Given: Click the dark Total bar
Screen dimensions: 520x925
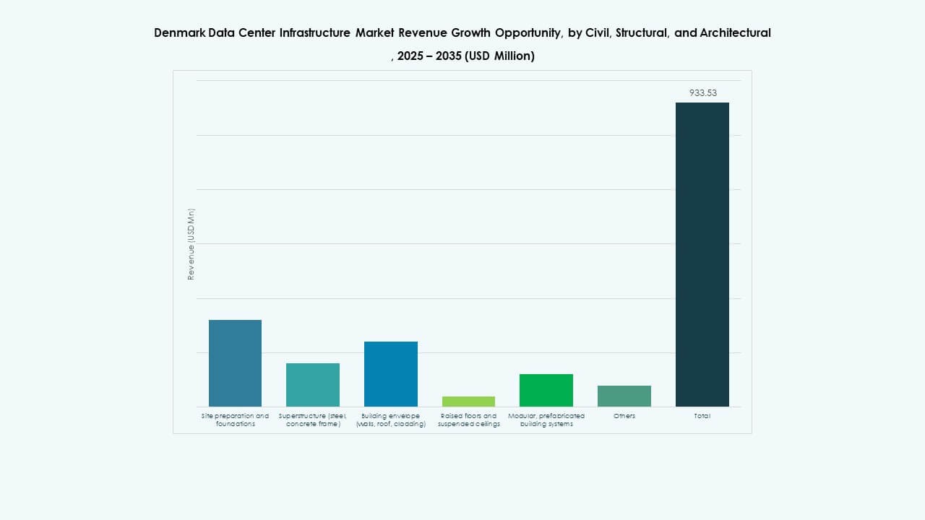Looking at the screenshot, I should [x=702, y=254].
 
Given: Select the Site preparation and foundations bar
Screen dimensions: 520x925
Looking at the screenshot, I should [x=235, y=363].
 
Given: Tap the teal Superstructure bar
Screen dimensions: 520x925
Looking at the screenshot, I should [x=313, y=384].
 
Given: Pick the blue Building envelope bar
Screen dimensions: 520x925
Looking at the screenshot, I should [x=391, y=373].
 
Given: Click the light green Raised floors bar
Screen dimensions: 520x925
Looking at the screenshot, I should [x=468, y=402].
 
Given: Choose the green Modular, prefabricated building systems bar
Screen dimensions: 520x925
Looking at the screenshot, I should [x=546, y=390].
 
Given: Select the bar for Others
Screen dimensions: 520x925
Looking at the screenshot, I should [x=624, y=396].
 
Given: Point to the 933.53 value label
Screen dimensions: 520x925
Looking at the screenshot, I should [x=702, y=92].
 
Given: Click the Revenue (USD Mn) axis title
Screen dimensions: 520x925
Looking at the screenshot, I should [x=191, y=244].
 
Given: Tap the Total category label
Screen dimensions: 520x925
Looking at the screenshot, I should [x=702, y=416].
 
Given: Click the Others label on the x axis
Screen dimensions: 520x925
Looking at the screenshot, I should [x=624, y=416].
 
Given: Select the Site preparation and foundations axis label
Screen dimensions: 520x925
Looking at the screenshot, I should [x=235, y=420].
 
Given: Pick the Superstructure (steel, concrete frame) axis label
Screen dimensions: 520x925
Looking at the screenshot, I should [x=313, y=420].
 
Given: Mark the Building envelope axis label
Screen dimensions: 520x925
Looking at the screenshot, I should [x=391, y=420].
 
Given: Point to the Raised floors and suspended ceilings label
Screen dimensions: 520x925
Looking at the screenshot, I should [x=468, y=420].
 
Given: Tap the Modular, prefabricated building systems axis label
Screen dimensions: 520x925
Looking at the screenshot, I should [x=546, y=420].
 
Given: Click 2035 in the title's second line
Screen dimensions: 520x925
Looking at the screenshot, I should [x=449, y=56].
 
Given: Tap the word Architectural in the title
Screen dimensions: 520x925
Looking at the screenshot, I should [x=735, y=32].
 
